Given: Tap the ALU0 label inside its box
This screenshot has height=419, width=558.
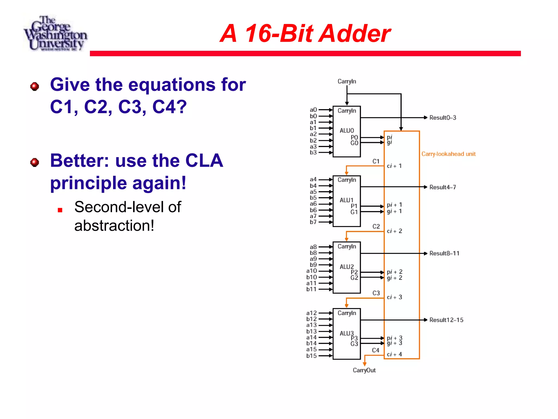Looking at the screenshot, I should [347, 131].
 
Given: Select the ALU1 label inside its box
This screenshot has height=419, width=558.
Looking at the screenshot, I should [346, 200].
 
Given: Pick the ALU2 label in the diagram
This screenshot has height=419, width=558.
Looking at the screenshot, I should [347, 267].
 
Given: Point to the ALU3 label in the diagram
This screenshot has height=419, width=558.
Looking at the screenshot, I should [347, 333].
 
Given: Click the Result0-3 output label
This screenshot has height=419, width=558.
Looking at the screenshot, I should [442, 118].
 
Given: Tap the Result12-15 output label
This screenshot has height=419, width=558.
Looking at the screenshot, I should [446, 320].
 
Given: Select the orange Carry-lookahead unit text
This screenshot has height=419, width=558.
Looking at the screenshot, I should [448, 154].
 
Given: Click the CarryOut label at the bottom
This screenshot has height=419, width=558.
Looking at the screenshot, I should [364, 370].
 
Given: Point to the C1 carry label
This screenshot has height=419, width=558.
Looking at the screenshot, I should [376, 161].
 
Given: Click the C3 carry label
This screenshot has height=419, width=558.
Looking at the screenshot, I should [376, 293].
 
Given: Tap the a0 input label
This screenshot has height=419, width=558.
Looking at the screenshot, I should [313, 110].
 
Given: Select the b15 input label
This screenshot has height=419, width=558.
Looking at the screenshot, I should [311, 356].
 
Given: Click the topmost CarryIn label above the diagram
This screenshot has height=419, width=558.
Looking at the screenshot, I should [347, 81].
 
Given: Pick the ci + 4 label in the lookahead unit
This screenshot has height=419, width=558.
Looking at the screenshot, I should [394, 354].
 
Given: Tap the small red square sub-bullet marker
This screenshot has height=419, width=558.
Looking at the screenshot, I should [60, 210].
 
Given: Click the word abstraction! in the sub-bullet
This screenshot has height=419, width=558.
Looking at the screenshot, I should [114, 226].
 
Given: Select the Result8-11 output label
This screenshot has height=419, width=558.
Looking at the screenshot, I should [444, 253].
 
